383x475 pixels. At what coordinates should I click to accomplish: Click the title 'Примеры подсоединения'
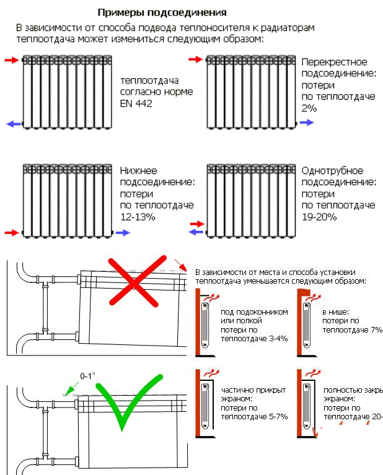click(162, 12)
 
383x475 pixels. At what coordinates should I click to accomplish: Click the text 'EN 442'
click(136, 103)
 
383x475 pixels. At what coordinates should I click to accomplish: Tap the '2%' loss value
click(309, 108)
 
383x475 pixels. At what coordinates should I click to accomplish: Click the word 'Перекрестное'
click(334, 62)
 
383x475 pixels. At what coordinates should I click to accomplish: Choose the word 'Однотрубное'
click(332, 170)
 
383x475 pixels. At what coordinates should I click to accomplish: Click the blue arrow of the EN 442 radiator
click(12, 124)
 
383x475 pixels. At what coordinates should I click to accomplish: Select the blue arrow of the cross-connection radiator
click(307, 123)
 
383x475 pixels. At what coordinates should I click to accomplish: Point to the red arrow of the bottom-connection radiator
click(11, 233)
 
